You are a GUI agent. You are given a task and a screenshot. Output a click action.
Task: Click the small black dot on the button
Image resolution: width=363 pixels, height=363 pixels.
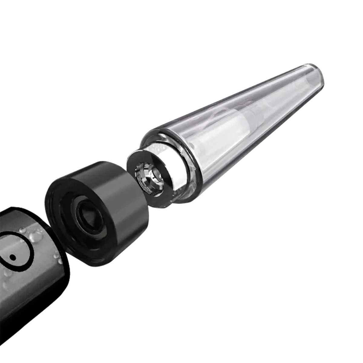pos(12,257)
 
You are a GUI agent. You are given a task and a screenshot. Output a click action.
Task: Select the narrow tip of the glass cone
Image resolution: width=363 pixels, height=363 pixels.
pos(315,74)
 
